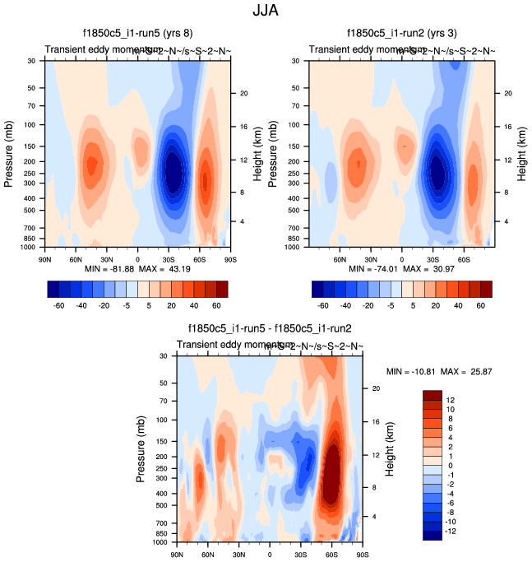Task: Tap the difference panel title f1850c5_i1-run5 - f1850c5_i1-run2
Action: pos(270,328)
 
